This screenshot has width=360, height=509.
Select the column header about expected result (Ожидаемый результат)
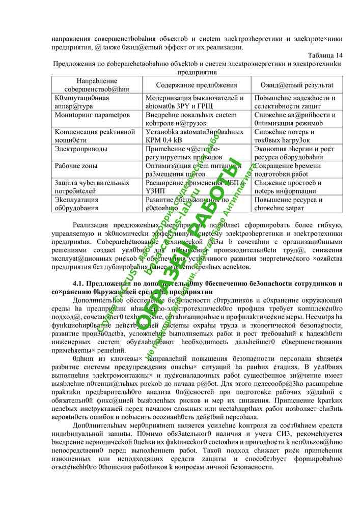click(x=297, y=85)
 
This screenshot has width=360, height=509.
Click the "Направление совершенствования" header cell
click(x=97, y=85)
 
